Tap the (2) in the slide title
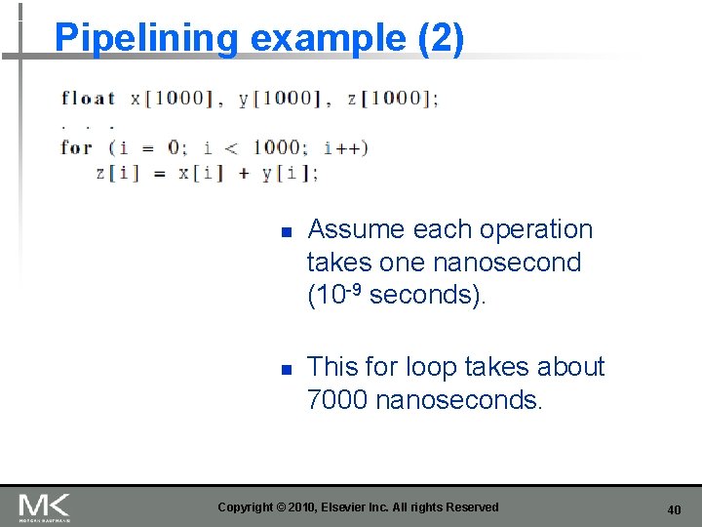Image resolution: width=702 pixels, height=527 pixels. tap(441, 38)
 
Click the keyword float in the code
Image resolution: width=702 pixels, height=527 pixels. tap(88, 98)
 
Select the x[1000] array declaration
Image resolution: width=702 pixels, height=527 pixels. tap(171, 98)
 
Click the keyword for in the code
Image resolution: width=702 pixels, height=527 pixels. tap(76, 148)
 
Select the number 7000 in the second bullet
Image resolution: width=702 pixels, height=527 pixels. tap(337, 399)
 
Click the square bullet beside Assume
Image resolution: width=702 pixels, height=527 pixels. tap(287, 233)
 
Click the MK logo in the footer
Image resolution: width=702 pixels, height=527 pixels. tap(44, 507)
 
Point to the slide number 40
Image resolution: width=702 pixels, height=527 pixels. tap(674, 509)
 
